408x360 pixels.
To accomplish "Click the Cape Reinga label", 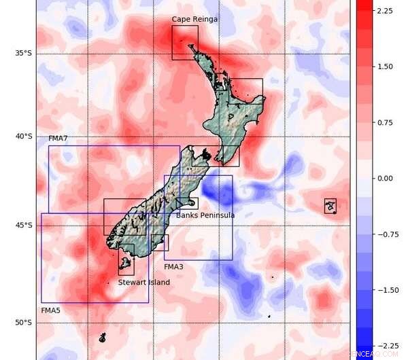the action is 194,19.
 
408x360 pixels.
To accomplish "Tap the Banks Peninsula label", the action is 205,215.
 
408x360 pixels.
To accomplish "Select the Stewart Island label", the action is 143,282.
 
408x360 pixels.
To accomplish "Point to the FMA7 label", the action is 58,139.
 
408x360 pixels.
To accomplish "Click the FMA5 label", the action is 50,310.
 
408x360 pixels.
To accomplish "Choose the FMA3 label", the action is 173,267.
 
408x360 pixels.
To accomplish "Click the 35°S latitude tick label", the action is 24,54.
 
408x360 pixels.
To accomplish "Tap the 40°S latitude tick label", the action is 24,137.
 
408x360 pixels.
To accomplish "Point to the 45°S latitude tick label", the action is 24,226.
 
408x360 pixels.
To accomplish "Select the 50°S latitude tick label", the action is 24,323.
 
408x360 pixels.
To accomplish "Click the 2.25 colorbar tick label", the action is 385,11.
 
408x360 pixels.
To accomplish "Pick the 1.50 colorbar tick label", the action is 385,67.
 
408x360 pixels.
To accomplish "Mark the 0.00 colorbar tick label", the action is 385,178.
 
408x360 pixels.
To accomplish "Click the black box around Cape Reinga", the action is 184,43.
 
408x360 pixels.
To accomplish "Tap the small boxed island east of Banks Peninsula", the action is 330,206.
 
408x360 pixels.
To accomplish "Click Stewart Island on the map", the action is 125,263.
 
